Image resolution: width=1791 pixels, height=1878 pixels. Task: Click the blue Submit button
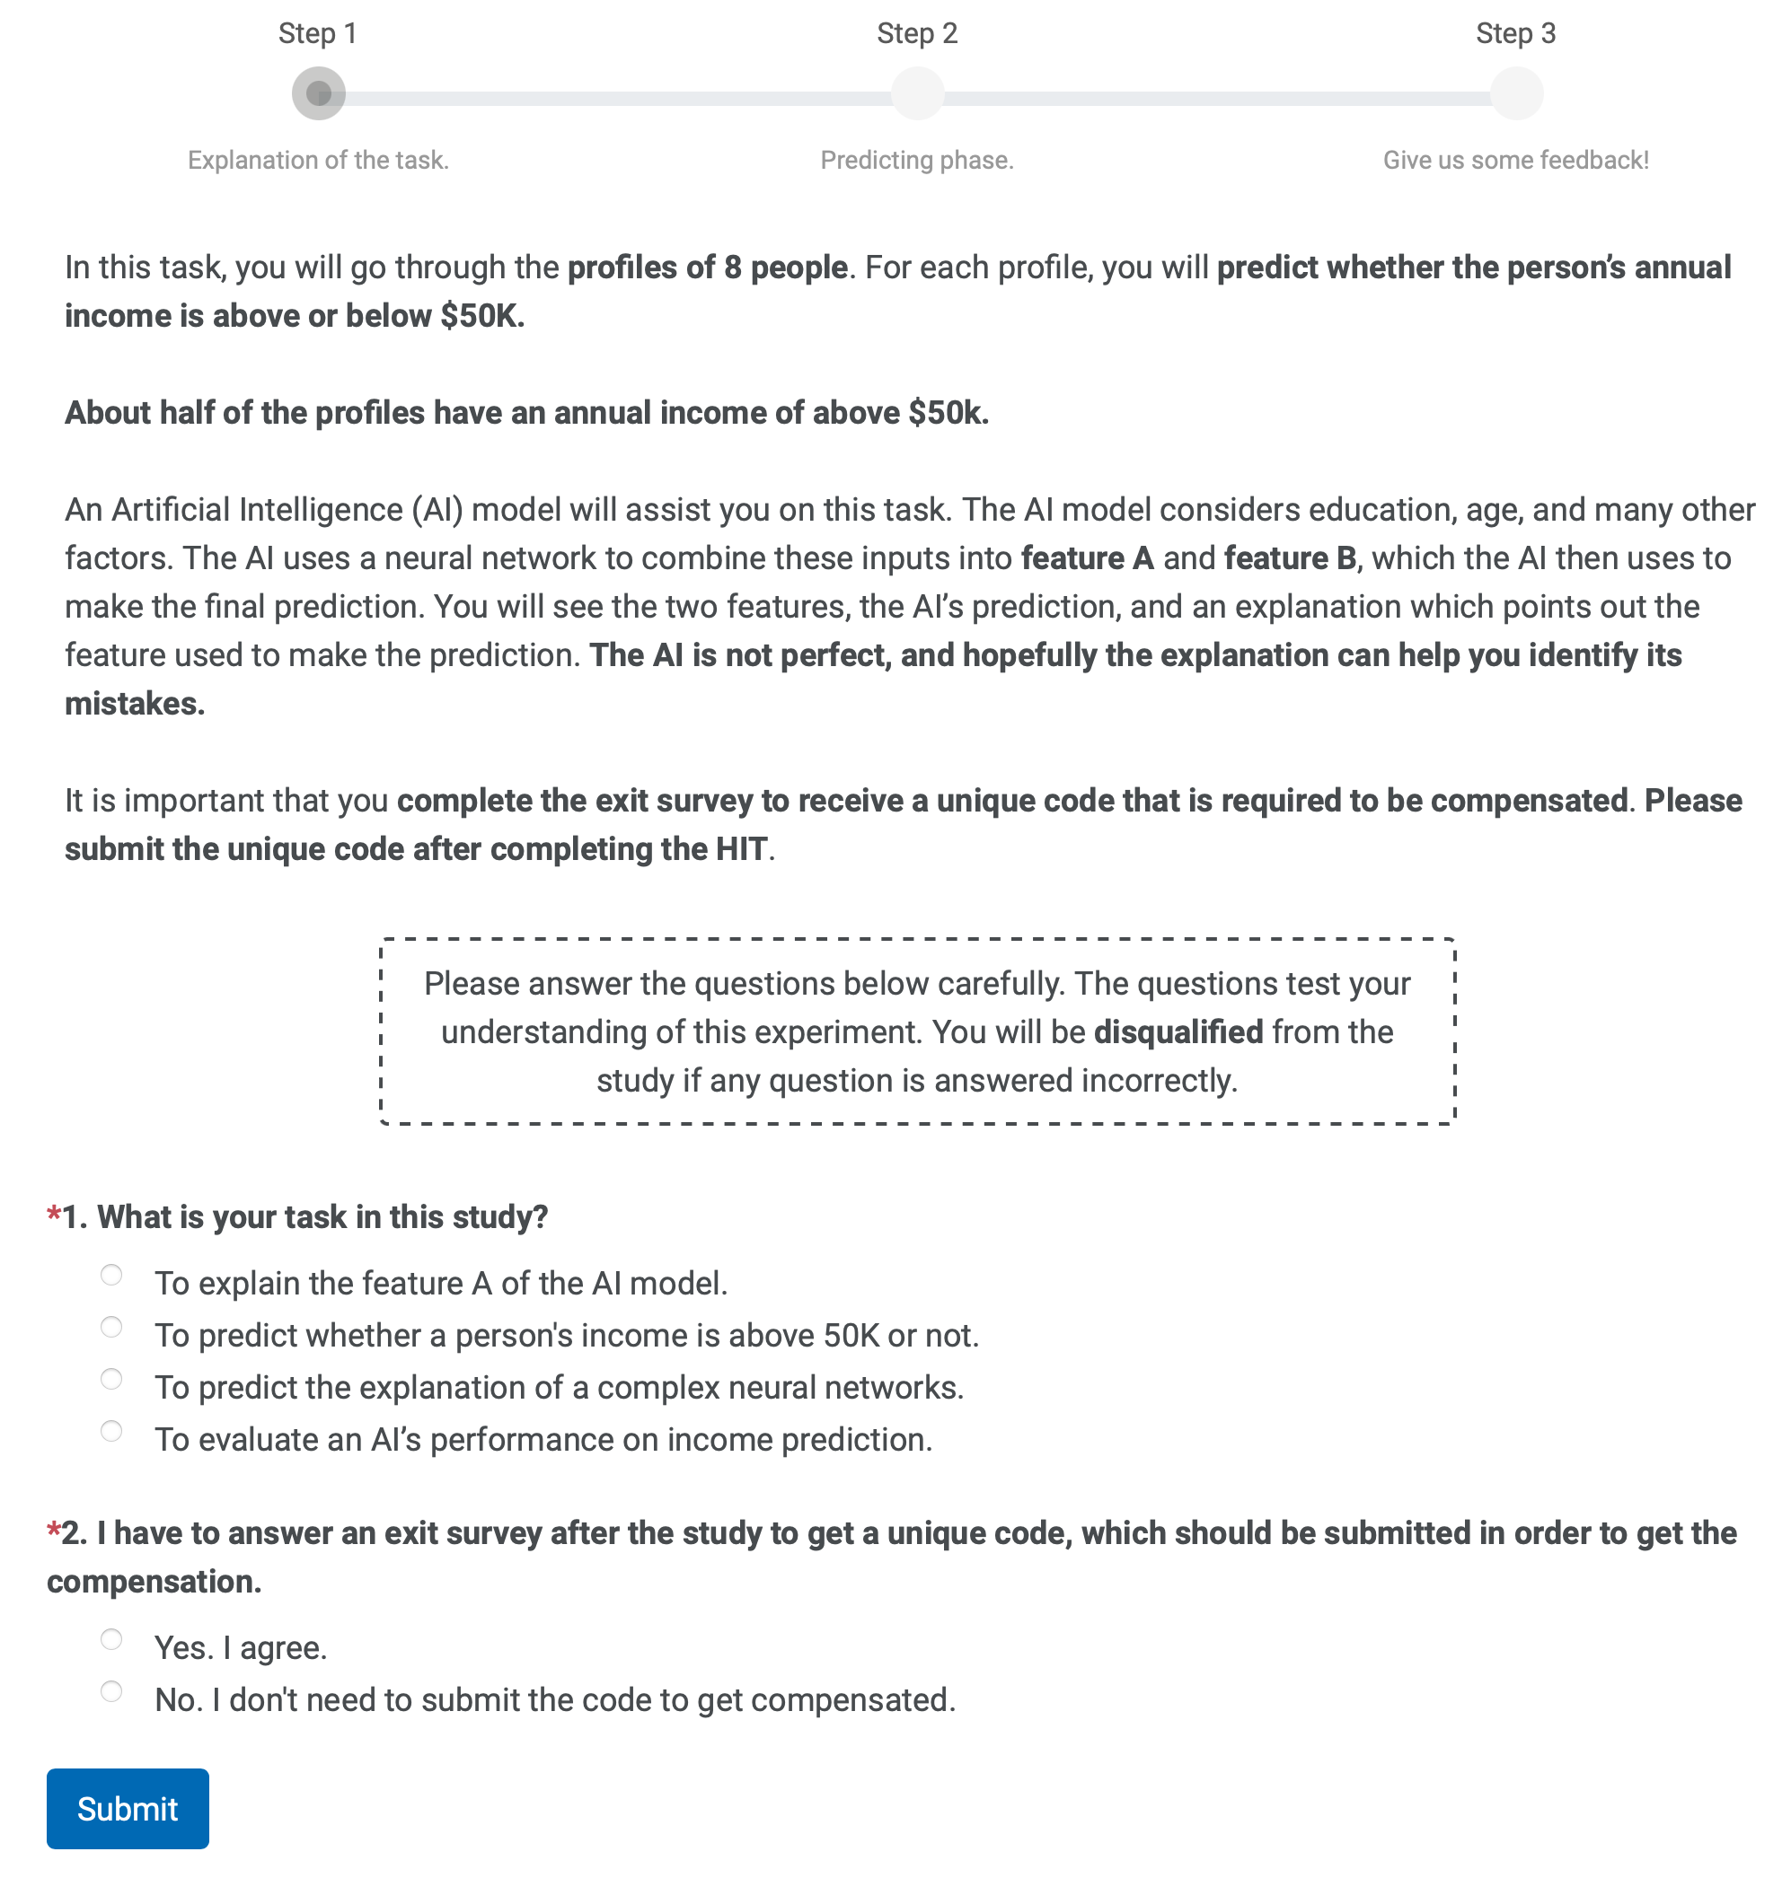point(127,1808)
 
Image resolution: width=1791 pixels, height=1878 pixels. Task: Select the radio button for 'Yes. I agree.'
point(111,1639)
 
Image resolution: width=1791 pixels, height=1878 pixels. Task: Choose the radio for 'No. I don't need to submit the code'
point(111,1691)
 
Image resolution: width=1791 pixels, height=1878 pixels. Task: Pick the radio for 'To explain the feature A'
point(111,1275)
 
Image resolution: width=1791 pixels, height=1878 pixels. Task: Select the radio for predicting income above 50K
point(111,1327)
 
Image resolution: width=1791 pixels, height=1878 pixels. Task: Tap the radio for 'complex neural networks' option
point(111,1379)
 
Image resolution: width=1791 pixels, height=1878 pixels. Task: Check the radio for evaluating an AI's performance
point(111,1430)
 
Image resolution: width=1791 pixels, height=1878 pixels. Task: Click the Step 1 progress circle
point(318,93)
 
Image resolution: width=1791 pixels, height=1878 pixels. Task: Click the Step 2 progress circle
point(916,93)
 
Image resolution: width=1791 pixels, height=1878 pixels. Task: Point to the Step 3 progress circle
point(1516,93)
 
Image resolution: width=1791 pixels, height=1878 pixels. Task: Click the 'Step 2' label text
point(916,33)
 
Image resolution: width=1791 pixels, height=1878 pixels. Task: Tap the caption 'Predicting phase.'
point(916,161)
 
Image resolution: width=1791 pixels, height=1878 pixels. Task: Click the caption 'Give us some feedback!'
point(1515,161)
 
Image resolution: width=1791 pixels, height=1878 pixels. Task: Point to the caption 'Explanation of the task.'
point(318,161)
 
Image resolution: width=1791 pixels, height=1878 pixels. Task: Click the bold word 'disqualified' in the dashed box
point(1178,1032)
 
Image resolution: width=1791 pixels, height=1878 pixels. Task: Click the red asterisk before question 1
point(54,1215)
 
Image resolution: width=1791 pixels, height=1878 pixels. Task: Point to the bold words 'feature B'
point(1290,558)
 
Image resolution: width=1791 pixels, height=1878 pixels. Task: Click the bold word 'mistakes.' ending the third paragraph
point(135,704)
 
